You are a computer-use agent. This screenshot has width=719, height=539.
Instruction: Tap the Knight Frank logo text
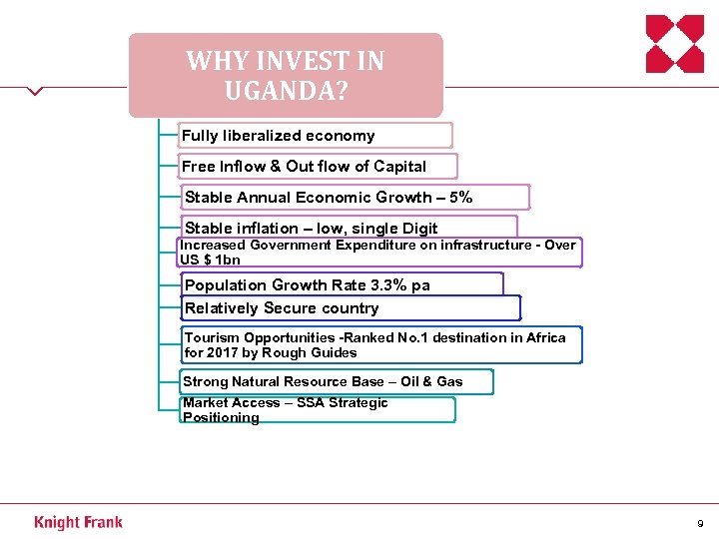pos(78,522)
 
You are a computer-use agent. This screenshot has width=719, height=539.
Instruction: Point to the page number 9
pos(700,523)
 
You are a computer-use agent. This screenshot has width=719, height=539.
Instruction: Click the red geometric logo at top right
pos(675,44)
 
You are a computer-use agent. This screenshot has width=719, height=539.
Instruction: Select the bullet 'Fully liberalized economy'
pos(279,136)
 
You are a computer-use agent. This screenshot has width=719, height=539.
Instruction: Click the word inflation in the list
pos(265,229)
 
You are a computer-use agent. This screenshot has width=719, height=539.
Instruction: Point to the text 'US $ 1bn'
pos(210,260)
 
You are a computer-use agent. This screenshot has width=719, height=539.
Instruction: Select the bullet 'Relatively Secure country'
pos(282,308)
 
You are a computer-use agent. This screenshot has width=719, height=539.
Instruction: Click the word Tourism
pos(212,337)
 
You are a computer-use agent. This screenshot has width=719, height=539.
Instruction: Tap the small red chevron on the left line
pos(36,91)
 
